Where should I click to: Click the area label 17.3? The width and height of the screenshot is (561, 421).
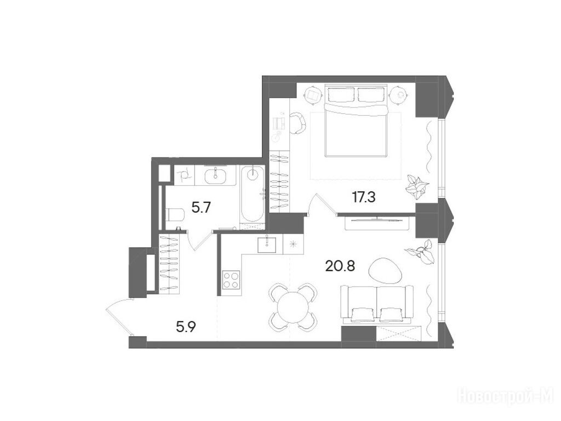pyautogui.click(x=364, y=197)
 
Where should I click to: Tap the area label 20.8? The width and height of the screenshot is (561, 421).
pyautogui.click(x=340, y=266)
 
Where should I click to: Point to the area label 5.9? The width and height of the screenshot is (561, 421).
pyautogui.click(x=186, y=327)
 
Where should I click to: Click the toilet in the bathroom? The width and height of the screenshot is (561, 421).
pyautogui.click(x=175, y=215)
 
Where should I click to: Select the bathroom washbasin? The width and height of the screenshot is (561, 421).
pyautogui.click(x=215, y=175)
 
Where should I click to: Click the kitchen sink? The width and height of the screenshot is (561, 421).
pyautogui.click(x=267, y=245)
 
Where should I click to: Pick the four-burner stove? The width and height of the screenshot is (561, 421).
pyautogui.click(x=231, y=280)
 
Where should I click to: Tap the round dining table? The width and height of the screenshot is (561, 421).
pyautogui.click(x=293, y=307)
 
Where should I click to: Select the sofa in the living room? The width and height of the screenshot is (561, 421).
pyautogui.click(x=377, y=303)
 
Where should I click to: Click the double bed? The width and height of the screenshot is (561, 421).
pyautogui.click(x=356, y=121)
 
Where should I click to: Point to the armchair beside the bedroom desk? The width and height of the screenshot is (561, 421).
pyautogui.click(x=298, y=123)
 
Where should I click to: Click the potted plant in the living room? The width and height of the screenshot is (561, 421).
pyautogui.click(x=421, y=252)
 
